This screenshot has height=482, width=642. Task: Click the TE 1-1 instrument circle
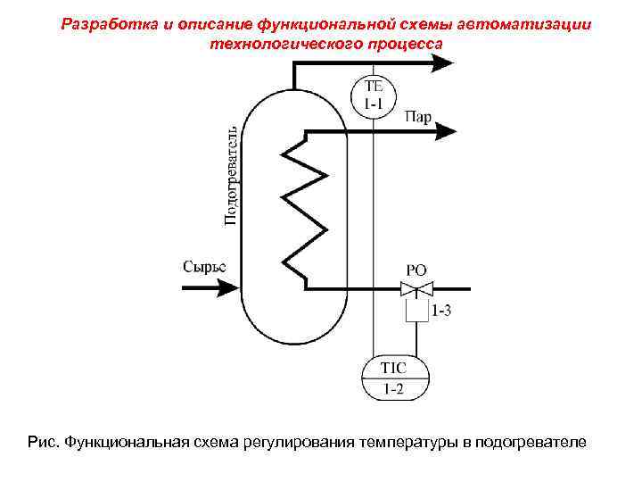374,95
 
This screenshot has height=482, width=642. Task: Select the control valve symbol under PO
416,288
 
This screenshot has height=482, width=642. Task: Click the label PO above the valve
416,269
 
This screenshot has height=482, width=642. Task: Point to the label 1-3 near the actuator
441,312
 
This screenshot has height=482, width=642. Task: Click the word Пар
418,117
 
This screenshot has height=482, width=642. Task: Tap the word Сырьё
204,266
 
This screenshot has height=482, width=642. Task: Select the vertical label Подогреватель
230,174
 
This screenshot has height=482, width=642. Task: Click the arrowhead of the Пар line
446,132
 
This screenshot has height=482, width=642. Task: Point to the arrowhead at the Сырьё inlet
229,288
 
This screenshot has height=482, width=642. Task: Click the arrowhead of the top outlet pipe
442,62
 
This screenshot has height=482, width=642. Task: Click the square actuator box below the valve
416,310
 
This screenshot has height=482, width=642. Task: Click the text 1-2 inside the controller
392,388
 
